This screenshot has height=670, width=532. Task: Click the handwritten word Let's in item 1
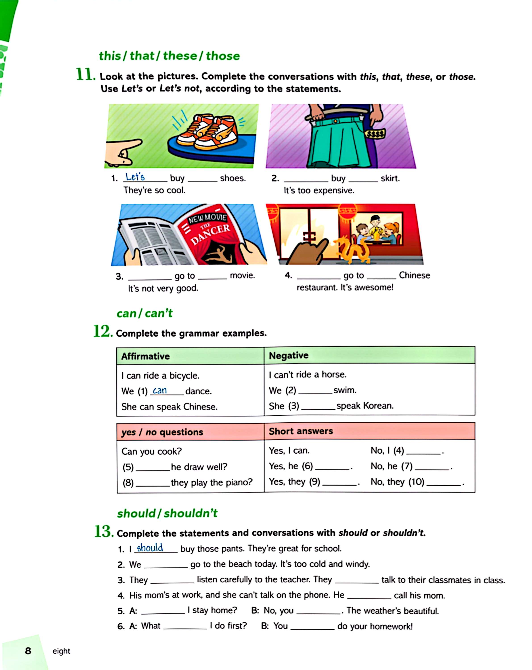pyautogui.click(x=135, y=177)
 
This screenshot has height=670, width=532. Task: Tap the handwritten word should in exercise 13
pyautogui.click(x=150, y=548)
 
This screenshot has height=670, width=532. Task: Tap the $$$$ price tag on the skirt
pyautogui.click(x=375, y=134)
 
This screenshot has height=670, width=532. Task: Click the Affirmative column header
pyautogui.click(x=145, y=356)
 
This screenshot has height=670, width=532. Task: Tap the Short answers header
pyautogui.click(x=300, y=431)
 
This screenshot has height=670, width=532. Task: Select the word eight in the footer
pyautogui.click(x=61, y=651)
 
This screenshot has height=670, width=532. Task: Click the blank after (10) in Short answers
pyautogui.click(x=443, y=483)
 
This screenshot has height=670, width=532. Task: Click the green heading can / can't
pyautogui.click(x=145, y=313)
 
